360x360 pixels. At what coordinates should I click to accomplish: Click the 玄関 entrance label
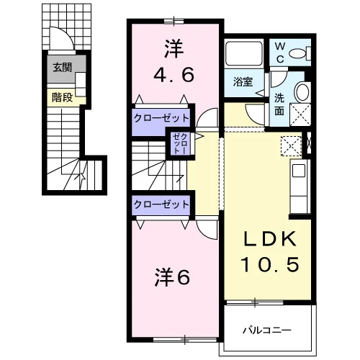coord(62,68)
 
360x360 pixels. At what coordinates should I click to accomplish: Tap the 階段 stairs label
coord(62,97)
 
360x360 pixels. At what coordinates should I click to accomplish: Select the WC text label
coord(280,53)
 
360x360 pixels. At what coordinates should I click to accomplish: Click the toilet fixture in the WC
coord(300,53)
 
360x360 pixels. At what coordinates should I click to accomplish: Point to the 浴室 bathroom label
coord(243,82)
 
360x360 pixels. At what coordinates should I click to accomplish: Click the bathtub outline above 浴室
coord(244,54)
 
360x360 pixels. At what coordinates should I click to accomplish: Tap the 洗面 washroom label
coord(279,104)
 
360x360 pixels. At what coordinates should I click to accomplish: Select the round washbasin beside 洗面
coord(302,92)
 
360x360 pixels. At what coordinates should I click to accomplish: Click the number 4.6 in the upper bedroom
coord(174,75)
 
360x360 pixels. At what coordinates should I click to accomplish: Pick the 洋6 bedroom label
coord(172,277)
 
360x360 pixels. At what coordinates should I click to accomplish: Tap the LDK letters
coord(270,239)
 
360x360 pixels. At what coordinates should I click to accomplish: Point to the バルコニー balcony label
coord(267,330)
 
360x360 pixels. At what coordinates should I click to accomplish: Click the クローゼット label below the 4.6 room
coord(161,118)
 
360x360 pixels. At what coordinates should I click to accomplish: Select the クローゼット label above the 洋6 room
coord(161,204)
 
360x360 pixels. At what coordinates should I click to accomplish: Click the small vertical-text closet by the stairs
coord(180,143)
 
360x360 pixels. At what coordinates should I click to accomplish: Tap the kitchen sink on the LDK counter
coord(298,171)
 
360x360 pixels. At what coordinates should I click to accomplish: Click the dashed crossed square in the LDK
coord(291,146)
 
